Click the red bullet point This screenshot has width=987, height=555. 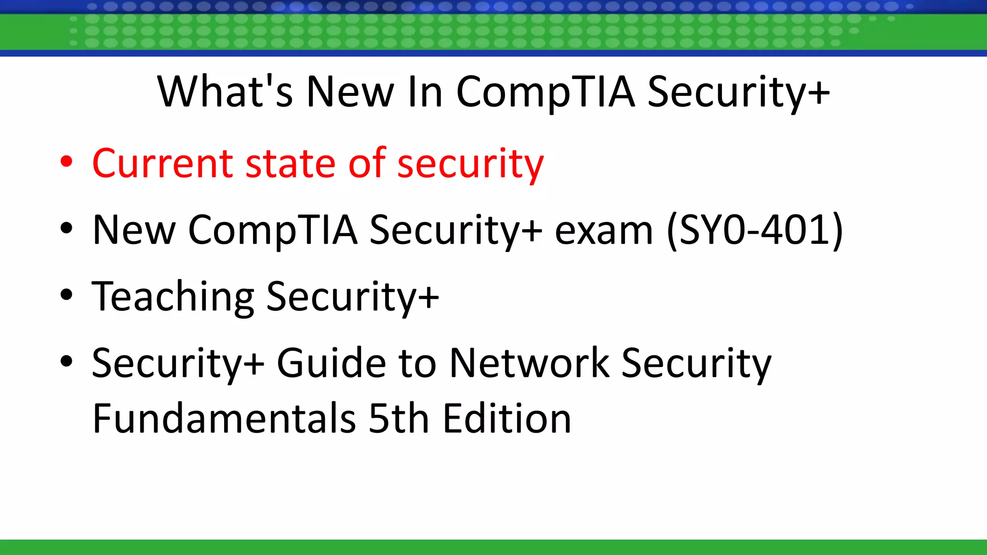click(x=67, y=162)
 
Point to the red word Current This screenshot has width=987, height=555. click(x=162, y=163)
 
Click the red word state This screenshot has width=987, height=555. click(x=291, y=163)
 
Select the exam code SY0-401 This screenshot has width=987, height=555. click(x=755, y=230)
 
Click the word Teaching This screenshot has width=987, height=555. click(x=173, y=297)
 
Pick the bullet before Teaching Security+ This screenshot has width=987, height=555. click(x=67, y=295)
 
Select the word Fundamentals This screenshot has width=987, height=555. click(x=224, y=418)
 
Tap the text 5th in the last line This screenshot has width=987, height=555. click(x=399, y=418)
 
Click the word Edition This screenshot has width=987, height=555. click(x=507, y=418)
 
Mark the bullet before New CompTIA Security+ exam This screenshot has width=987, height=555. click(x=67, y=228)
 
